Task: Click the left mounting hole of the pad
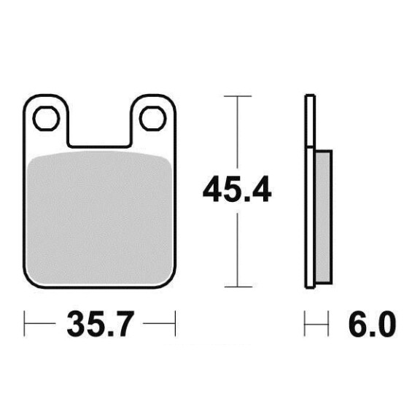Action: (46, 118)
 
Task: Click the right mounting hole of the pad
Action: (152, 118)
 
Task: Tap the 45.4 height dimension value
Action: (237, 189)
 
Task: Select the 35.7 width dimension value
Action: (100, 324)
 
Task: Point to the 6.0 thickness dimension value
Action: (372, 324)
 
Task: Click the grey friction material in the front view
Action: (100, 217)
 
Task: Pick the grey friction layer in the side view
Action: (324, 217)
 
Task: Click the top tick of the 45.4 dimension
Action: (238, 96)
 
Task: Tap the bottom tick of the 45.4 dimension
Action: (238, 287)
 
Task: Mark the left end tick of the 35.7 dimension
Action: (24, 324)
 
